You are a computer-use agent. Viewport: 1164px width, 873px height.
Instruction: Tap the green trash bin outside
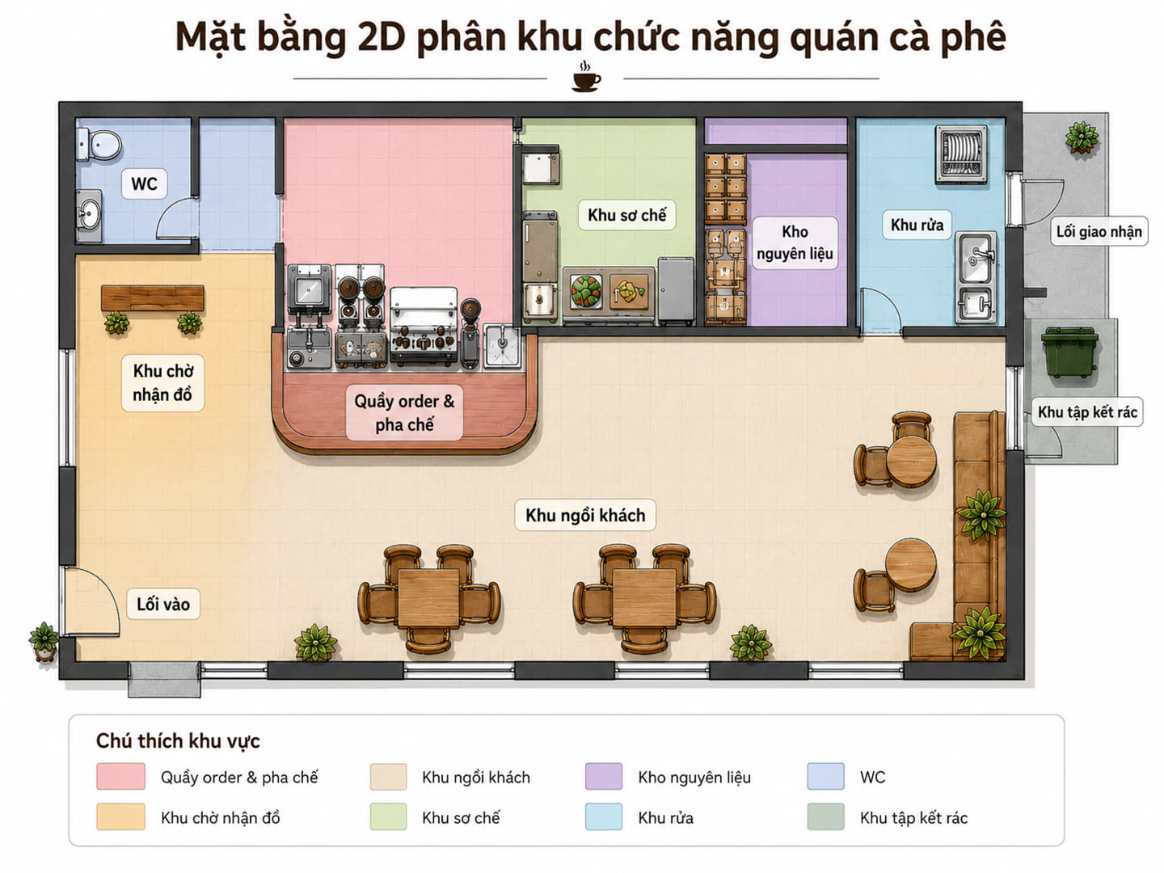point(1069,352)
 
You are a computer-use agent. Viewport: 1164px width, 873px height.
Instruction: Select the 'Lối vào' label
point(163,604)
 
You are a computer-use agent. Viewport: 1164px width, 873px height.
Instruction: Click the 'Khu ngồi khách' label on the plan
point(585,515)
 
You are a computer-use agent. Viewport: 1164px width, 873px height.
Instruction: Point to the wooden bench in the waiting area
point(153,298)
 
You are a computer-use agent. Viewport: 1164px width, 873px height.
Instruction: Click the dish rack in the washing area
point(961,154)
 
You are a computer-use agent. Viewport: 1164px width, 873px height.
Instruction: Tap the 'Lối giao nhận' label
point(1099,231)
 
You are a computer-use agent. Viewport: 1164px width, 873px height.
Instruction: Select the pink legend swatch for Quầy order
point(120,777)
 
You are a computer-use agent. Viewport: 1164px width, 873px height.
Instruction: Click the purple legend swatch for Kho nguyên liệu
point(604,777)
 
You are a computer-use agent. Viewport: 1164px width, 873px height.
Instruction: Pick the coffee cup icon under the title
point(586,78)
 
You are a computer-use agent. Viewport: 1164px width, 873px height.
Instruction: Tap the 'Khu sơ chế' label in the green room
point(626,215)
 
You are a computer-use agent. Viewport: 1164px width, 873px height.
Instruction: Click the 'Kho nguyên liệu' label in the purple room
point(795,242)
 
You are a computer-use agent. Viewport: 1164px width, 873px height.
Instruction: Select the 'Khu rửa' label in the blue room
point(917,225)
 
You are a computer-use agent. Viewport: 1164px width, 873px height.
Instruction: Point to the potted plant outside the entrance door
point(44,641)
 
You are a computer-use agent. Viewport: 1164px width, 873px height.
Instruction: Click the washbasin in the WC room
point(89,217)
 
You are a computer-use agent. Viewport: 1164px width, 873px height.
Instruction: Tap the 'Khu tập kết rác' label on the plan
point(1087,412)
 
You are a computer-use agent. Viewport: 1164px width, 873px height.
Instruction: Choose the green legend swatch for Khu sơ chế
point(388,816)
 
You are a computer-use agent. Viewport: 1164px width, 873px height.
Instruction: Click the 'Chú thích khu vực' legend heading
point(178,740)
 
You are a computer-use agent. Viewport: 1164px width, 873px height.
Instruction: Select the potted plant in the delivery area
point(1082,137)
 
